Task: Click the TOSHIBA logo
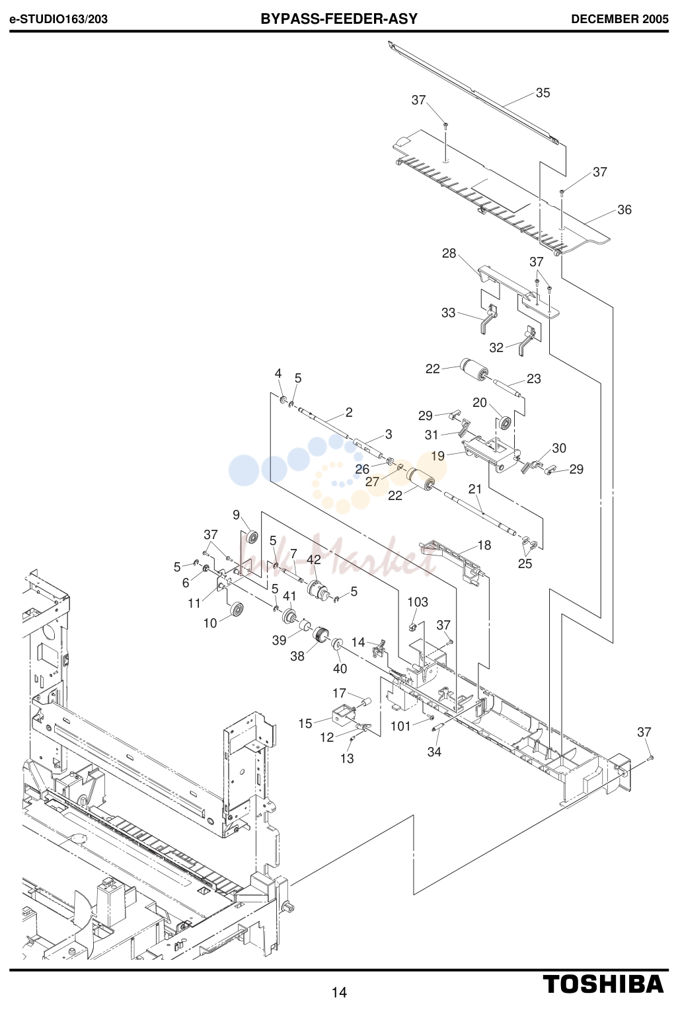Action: (603, 984)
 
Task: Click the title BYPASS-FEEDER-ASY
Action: (339, 19)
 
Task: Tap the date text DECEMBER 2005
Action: (620, 19)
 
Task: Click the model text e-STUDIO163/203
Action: (59, 19)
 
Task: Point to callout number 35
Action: (543, 92)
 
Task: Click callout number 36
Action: (624, 209)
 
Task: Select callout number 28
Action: (449, 253)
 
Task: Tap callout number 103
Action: (418, 602)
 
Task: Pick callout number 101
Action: (400, 726)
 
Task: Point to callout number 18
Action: (484, 545)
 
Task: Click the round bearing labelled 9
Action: (250, 537)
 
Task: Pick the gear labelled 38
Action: (321, 635)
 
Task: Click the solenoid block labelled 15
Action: (343, 715)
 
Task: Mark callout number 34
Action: (434, 752)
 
